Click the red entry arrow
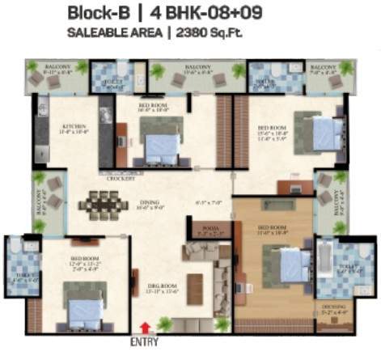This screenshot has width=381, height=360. point(145,327)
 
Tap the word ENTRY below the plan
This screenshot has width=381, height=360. point(146,342)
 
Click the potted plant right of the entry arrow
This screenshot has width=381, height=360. point(165,324)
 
